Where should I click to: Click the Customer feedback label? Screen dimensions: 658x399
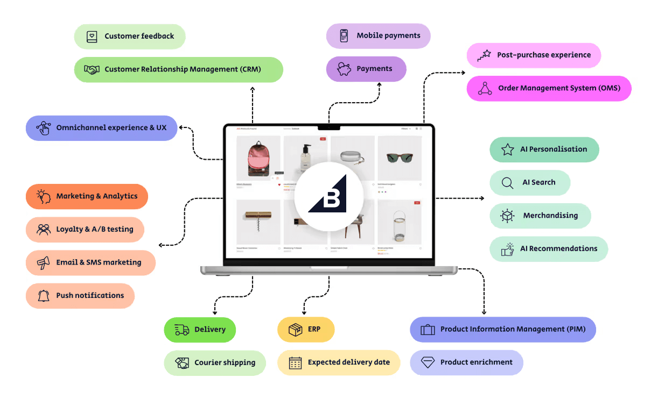139,36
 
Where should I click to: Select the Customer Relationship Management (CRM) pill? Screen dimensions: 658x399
178,69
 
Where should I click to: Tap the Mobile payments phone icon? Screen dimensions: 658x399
344,36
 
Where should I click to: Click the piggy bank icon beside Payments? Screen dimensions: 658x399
344,69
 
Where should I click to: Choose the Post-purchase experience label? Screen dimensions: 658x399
543,55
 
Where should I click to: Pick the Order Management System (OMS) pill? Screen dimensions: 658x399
549,88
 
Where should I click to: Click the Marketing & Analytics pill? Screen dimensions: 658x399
87,196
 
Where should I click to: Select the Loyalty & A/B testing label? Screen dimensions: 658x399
94,229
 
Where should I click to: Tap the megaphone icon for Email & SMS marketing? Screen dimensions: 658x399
43,263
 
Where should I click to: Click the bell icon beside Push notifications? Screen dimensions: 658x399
43,296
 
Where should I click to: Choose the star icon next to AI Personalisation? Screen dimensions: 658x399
507,149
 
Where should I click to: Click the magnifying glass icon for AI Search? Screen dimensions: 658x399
507,183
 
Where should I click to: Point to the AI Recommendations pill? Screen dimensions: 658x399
548,249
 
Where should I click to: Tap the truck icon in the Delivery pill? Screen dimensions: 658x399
182,330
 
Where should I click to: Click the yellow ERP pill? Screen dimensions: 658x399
306,330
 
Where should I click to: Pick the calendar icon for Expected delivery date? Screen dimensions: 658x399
295,363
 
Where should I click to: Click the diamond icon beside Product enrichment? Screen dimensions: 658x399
428,362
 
